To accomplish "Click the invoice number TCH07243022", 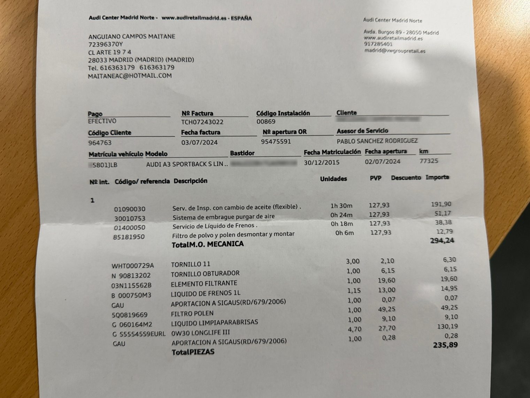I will [202, 122].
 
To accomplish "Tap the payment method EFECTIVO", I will [102, 121].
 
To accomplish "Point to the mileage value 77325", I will [429, 161].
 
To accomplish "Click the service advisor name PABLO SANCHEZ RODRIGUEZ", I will [377, 141].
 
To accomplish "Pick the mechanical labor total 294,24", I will [442, 240].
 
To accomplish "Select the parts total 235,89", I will [445, 345].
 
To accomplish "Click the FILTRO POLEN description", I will [192, 314].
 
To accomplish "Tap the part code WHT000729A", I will [132, 266].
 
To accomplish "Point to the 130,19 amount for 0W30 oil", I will [447, 326].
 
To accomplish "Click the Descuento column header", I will [406, 178].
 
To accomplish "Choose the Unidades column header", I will [333, 179].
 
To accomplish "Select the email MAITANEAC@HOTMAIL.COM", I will [130, 76].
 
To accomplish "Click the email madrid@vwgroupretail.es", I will [394, 51].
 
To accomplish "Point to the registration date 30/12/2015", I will [321, 162].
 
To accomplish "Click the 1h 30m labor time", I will [341, 206].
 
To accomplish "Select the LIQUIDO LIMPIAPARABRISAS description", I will [214, 323].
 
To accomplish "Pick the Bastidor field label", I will [242, 153].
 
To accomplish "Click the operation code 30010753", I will [130, 219].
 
